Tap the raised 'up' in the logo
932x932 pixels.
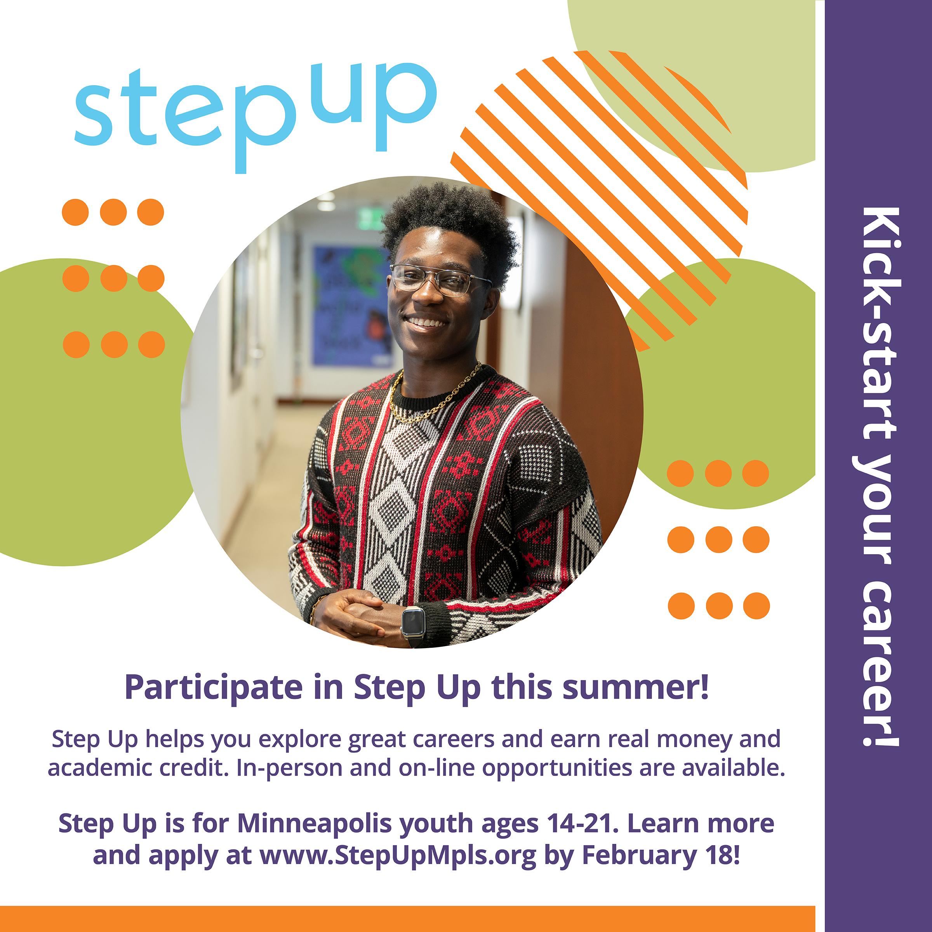click(x=373, y=106)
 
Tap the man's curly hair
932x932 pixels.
click(x=451, y=227)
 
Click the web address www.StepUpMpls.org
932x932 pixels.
click(x=398, y=856)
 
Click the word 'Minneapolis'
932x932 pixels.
click(x=315, y=823)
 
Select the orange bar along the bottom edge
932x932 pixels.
click(x=408, y=919)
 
